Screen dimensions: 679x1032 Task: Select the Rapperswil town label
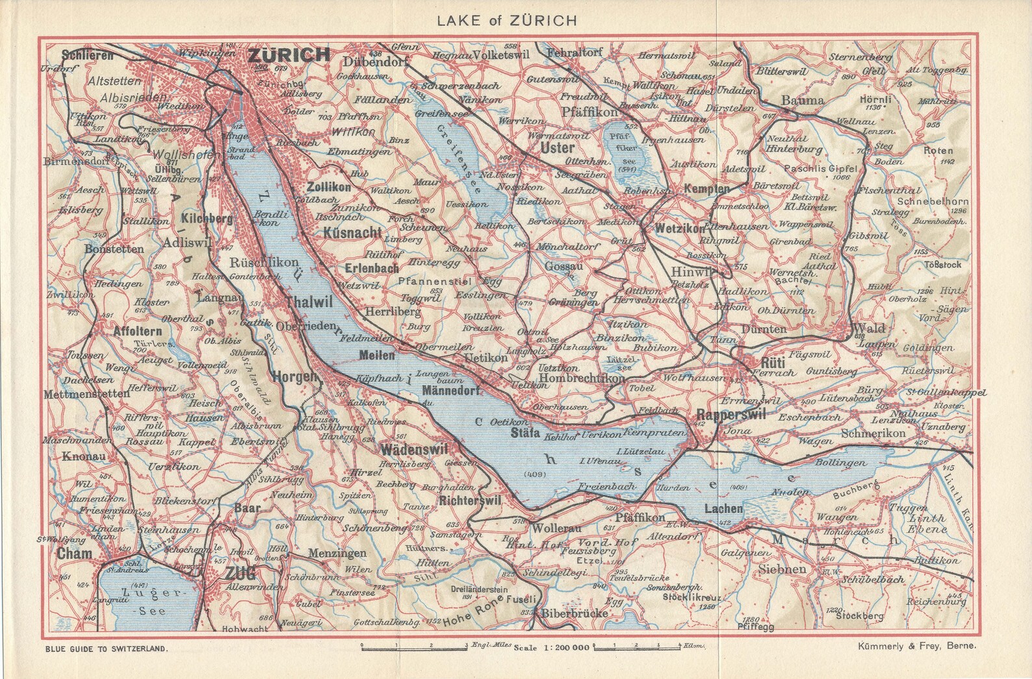tap(731, 415)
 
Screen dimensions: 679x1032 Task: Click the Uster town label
tap(558, 149)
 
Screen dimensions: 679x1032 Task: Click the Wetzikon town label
tap(680, 229)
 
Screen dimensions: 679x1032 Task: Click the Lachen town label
tap(723, 510)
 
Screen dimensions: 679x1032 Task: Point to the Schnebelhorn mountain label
tap(938, 201)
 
